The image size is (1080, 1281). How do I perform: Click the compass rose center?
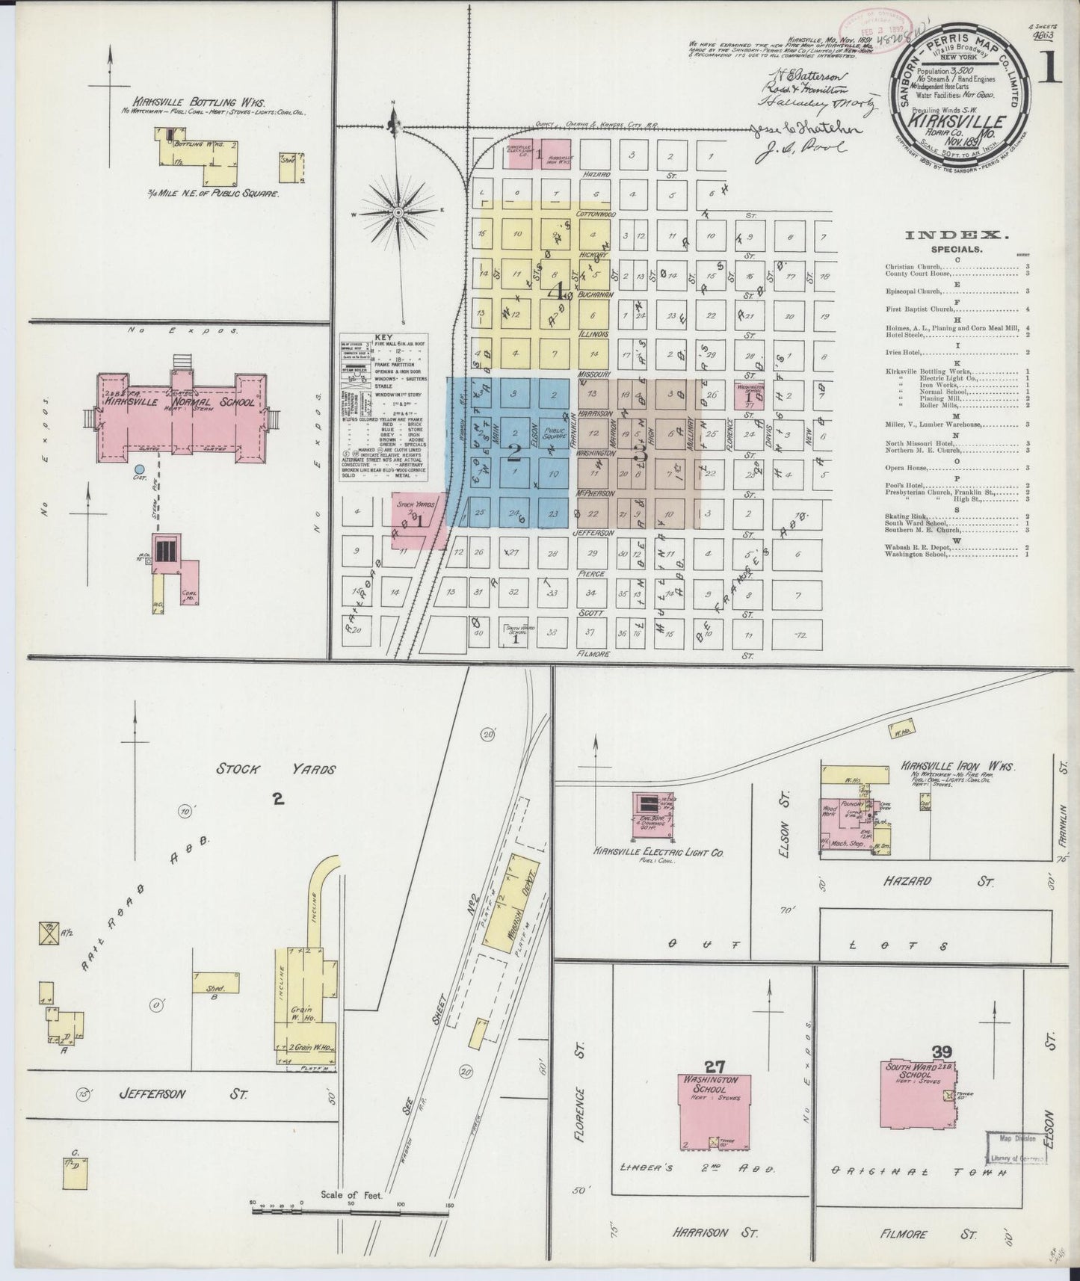pyautogui.click(x=399, y=213)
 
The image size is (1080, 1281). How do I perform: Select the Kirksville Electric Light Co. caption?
pyautogui.click(x=658, y=852)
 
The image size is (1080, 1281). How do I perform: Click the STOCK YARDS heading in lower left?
pyautogui.click(x=276, y=769)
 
